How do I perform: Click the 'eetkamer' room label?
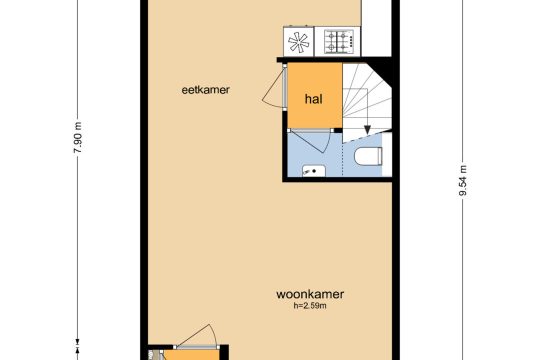pos(205,90)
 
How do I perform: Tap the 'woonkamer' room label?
pos(310,294)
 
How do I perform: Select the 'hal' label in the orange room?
pos(314,99)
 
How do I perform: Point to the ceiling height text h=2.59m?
pos(310,306)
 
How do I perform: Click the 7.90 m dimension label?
pos(79,137)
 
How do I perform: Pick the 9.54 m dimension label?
pos(463,181)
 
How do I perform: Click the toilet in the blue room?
pos(368,156)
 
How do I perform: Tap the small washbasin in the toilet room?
pos(314,171)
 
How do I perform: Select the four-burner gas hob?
pos(339,42)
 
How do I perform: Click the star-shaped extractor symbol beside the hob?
pos(298,42)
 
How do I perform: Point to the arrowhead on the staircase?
pos(367,130)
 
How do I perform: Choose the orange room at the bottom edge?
pos(190,355)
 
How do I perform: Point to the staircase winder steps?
pos(367,103)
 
